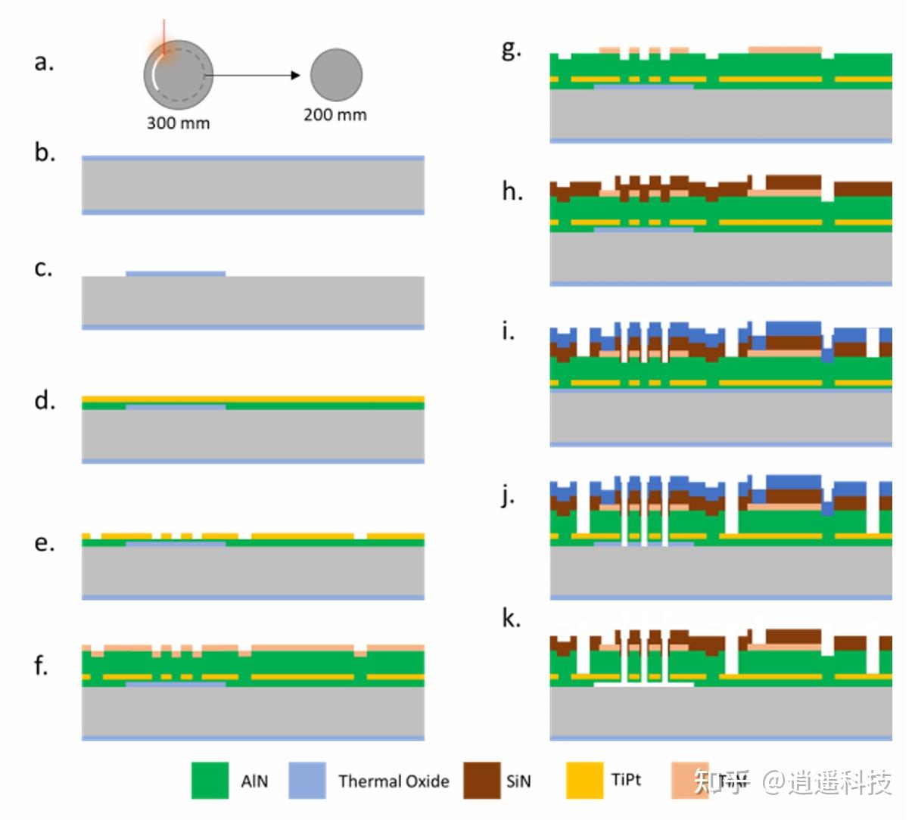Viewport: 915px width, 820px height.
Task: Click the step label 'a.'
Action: (44, 62)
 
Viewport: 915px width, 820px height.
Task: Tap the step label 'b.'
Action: (45, 153)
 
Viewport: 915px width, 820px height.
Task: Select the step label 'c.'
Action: (44, 268)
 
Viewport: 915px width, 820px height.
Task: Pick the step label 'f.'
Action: (41, 666)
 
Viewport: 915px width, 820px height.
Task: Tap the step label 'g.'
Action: (512, 50)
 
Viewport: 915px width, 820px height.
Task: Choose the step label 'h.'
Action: (512, 191)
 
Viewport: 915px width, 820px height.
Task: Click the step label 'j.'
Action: (509, 497)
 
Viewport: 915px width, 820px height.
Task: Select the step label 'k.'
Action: (512, 619)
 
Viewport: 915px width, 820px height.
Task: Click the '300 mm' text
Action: (178, 123)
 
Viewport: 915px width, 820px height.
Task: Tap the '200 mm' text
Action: (335, 115)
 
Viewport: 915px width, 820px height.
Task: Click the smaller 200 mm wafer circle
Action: (336, 76)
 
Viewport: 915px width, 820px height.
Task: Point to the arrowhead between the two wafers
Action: (297, 76)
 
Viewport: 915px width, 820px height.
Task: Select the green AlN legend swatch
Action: (210, 780)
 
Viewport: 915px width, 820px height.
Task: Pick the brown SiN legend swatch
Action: (481, 780)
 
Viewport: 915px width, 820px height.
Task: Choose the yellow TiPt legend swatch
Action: (584, 780)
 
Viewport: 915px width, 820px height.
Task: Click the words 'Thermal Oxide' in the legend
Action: (394, 781)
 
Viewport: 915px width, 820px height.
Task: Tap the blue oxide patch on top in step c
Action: (176, 272)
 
